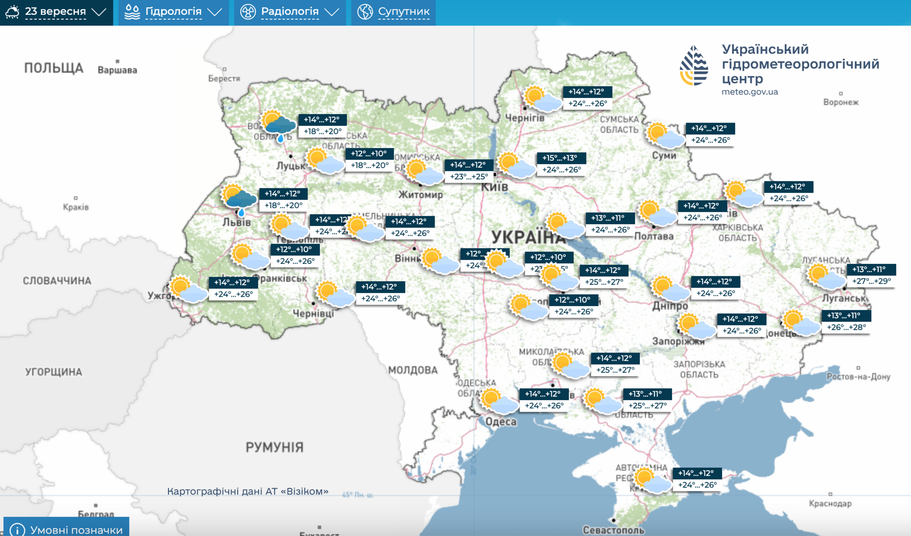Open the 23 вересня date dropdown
click(56, 12)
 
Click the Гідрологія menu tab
click(173, 12)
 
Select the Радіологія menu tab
click(290, 12)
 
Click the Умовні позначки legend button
click(67, 529)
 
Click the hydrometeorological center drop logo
click(694, 66)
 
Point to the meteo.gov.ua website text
click(749, 92)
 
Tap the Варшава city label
click(117, 70)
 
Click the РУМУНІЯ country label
click(274, 448)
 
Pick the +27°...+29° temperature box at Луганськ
click(871, 281)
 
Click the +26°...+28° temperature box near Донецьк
click(846, 327)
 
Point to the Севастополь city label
click(613, 530)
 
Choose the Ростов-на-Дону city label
click(858, 376)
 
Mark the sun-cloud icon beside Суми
click(665, 135)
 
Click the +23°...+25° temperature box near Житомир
click(469, 176)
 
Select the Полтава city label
click(654, 236)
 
